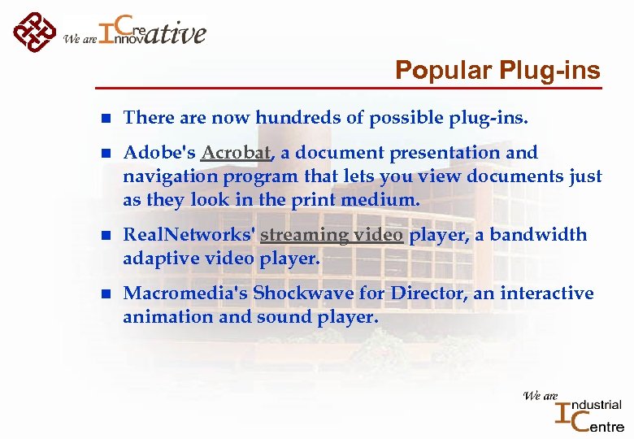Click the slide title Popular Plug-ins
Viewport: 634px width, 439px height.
point(497,71)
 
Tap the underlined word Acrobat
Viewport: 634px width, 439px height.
point(236,153)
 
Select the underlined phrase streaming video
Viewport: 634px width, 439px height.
point(331,235)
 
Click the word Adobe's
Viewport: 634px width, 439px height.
point(158,153)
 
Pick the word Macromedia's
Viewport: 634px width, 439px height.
point(185,293)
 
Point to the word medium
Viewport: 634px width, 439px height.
point(382,200)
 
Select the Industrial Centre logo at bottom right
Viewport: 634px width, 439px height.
point(575,410)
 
